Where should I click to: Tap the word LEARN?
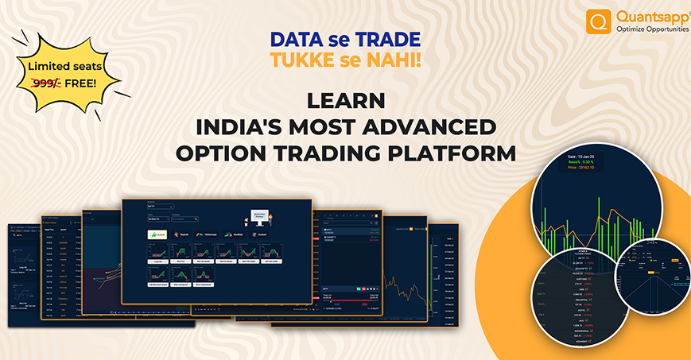pyautogui.click(x=345, y=102)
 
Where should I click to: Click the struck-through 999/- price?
pyautogui.click(x=48, y=82)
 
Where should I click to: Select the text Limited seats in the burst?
pyautogui.click(x=66, y=66)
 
